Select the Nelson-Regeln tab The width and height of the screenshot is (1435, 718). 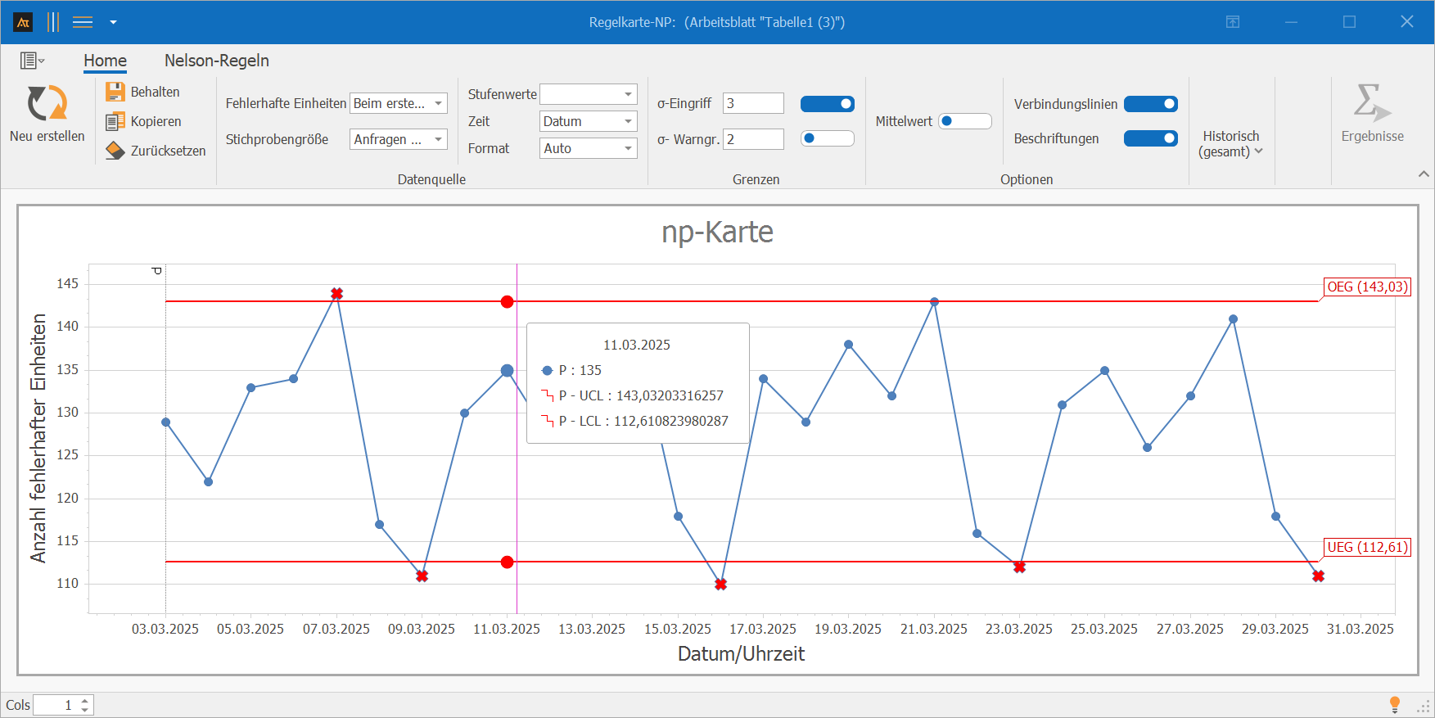pos(217,61)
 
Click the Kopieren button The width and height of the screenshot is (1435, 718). pos(143,121)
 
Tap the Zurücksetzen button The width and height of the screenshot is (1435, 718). pos(156,151)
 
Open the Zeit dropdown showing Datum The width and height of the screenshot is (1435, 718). pos(589,121)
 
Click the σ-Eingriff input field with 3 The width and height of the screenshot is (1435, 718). pos(753,103)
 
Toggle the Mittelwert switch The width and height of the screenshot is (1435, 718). pos(965,121)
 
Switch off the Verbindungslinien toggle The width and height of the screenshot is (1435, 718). pos(1151,104)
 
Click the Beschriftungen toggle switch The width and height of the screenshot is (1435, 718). pos(1151,138)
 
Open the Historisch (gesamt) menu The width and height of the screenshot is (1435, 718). pos(1231,143)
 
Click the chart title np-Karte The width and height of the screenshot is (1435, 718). pos(717,232)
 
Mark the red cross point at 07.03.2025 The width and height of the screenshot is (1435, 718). pos(336,293)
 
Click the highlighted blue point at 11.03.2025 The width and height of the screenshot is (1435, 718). pos(507,371)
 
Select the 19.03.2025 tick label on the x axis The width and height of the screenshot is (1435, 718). pos(848,629)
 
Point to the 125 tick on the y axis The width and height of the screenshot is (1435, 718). pos(68,455)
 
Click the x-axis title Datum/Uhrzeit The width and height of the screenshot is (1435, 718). pos(741,654)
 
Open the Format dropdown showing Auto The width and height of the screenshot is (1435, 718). pos(589,148)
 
